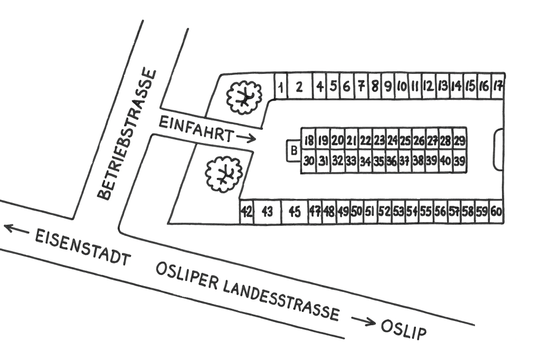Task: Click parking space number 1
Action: click(x=281, y=86)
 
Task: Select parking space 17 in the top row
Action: click(x=497, y=86)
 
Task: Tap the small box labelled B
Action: click(x=294, y=151)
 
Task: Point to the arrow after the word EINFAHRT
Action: click(x=246, y=138)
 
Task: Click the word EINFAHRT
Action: click(x=195, y=129)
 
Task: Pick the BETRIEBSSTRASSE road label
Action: click(x=126, y=135)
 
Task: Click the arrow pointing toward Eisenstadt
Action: click(x=16, y=228)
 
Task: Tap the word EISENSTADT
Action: click(x=83, y=247)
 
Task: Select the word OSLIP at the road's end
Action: click(x=403, y=330)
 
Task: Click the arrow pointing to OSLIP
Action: click(x=363, y=321)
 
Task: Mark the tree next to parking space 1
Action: click(x=244, y=97)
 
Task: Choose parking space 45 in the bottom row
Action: click(x=294, y=212)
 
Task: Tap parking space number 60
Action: click(x=496, y=212)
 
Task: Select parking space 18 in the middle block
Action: click(x=309, y=140)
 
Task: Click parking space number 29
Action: click(x=459, y=140)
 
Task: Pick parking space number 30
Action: click(x=309, y=161)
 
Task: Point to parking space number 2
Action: click(x=299, y=86)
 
